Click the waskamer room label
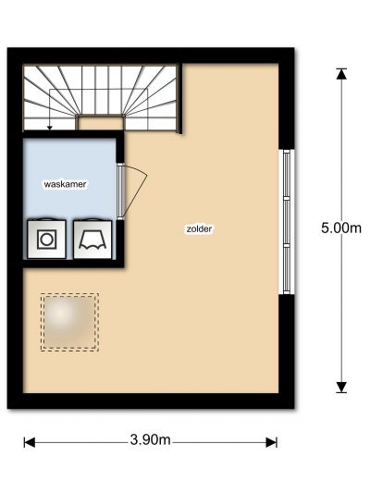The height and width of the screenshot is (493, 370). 65,184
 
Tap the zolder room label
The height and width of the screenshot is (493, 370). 199,228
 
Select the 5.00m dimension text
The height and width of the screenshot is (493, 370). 341,228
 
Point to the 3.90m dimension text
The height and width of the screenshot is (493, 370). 150,440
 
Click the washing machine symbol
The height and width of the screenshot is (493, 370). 46,239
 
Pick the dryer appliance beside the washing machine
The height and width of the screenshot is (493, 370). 92,239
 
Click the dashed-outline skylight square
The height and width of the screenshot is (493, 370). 69,322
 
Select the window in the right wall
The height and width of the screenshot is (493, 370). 287,222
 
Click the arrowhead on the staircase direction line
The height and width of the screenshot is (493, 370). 49,128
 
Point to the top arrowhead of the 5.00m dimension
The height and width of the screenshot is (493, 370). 341,74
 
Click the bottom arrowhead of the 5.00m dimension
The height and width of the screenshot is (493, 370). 341,388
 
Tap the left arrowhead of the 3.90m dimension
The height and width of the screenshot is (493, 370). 30,442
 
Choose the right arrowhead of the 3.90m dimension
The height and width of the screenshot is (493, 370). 271,442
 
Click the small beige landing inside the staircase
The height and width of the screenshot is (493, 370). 100,123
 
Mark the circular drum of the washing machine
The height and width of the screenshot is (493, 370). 46,240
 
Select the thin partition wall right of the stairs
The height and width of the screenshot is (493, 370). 180,98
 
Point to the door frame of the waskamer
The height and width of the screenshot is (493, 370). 120,191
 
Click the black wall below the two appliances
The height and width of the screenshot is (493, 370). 73,264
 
